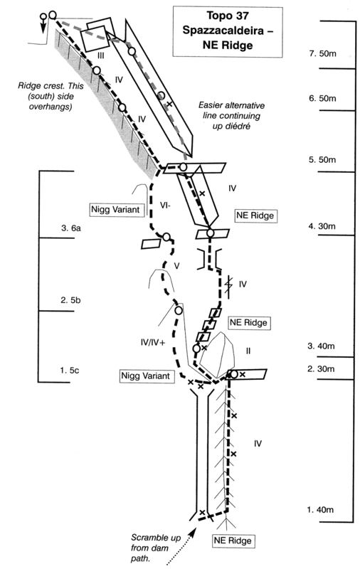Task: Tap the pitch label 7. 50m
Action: point(322,54)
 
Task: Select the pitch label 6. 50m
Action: point(322,98)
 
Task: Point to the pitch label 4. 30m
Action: point(322,226)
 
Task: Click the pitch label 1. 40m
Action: point(320,509)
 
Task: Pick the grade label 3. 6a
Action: point(71,228)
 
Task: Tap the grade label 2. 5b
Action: point(70,300)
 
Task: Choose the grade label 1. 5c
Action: point(70,371)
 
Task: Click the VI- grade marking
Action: point(166,206)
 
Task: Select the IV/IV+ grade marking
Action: point(153,342)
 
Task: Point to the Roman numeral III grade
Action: point(101,55)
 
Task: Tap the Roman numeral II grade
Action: point(248,351)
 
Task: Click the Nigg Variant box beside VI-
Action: point(115,210)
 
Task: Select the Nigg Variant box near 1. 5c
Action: point(146,376)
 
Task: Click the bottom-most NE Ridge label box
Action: point(233,541)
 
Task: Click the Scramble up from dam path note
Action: point(156,548)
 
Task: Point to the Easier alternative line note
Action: point(231,116)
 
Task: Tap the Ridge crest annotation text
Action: point(51,97)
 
